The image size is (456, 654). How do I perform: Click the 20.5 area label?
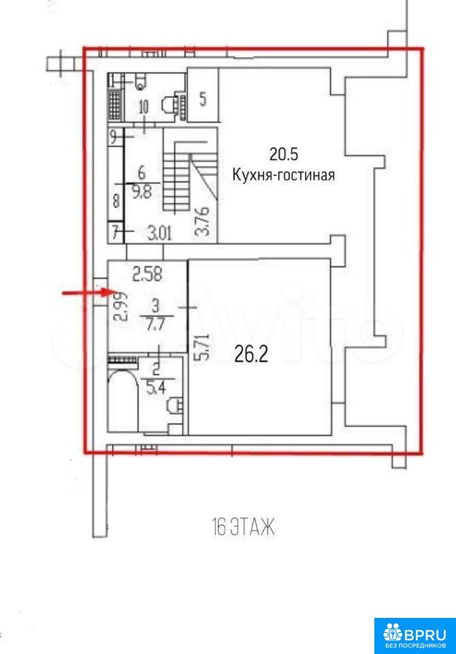click(283, 155)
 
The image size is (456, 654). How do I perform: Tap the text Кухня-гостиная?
click(283, 175)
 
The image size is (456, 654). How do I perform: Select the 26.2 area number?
click(251, 355)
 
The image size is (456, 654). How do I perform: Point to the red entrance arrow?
click(86, 293)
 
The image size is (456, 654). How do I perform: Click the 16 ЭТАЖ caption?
click(244, 527)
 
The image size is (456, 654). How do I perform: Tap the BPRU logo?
click(414, 636)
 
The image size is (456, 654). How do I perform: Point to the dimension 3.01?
click(160, 234)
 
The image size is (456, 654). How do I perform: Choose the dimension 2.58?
click(147, 275)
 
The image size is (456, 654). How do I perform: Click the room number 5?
click(203, 99)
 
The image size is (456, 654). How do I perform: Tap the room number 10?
click(143, 108)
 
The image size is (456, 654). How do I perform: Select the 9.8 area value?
click(142, 192)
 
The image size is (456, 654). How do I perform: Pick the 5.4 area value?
click(157, 388)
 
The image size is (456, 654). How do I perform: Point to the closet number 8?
click(116, 202)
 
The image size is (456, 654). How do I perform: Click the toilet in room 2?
click(176, 405)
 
